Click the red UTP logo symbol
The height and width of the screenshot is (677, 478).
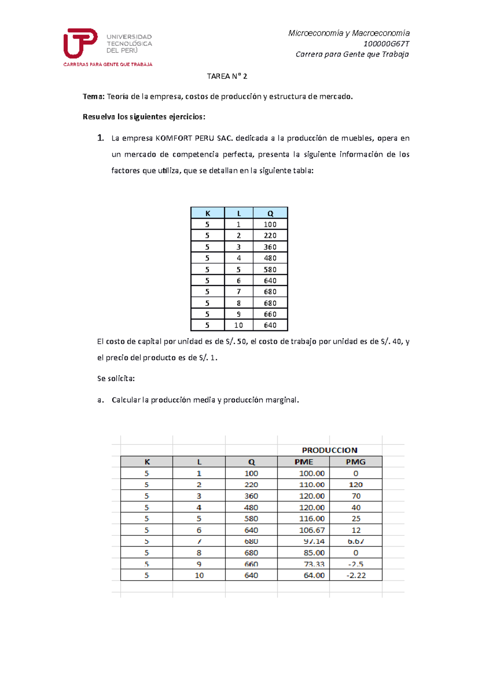coord(80,43)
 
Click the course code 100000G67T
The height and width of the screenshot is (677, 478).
coord(386,44)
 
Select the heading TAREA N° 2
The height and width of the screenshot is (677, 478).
coord(227,76)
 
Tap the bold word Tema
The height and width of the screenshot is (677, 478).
coord(93,96)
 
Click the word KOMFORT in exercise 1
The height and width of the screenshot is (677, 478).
coord(173,138)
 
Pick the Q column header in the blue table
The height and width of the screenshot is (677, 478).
coord(270,213)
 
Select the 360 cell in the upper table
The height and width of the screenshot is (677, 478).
coord(270,247)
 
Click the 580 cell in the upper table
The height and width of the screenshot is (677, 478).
coord(270,270)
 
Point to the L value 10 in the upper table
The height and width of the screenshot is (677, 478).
coord(239,325)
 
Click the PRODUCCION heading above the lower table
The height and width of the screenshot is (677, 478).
coord(329,450)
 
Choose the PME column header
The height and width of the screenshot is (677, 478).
coord(304,462)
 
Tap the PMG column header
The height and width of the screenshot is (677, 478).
coord(356,462)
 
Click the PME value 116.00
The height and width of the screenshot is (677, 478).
coord(312,519)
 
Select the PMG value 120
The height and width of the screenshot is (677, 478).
coord(356,485)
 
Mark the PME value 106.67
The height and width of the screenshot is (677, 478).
coord(312,530)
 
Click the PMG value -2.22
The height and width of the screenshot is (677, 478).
coord(356,575)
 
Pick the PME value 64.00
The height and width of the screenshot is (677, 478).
coord(314,575)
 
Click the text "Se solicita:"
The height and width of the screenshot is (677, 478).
coord(116,379)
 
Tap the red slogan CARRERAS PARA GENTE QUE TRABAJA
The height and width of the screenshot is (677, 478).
coord(108,64)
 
